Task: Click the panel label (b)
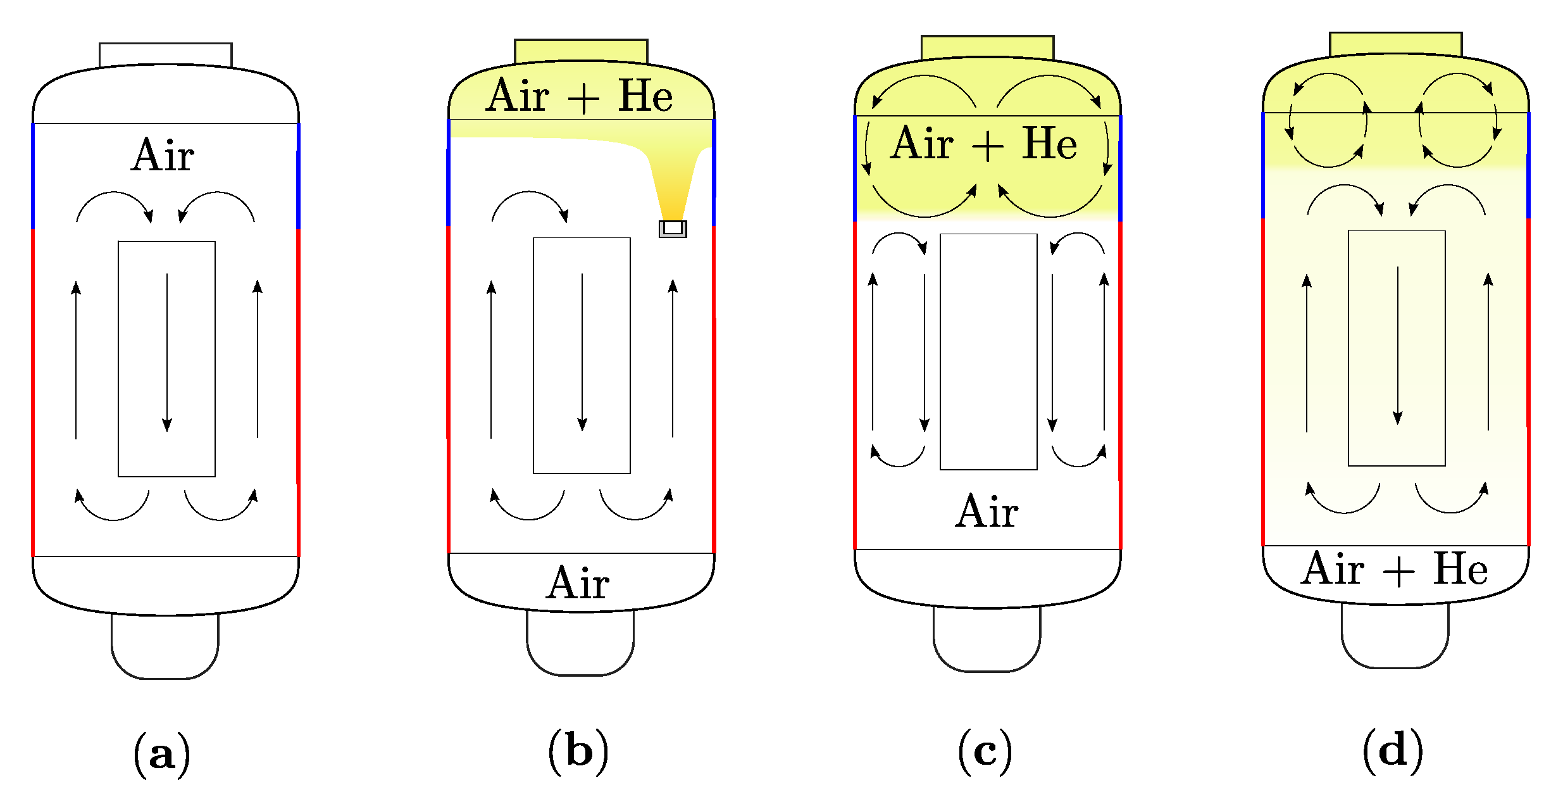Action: [578, 751]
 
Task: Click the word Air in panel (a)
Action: [163, 155]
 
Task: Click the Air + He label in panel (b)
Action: [580, 96]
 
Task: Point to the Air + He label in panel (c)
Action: [985, 143]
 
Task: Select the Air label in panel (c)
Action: [987, 511]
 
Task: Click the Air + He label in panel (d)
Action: [1395, 568]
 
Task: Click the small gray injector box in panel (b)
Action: [673, 229]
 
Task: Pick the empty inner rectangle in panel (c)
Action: [988, 352]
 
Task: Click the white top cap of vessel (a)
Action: [166, 54]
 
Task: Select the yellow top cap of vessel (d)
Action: [1396, 44]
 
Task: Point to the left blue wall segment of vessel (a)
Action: [33, 176]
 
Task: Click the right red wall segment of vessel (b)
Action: [714, 389]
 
